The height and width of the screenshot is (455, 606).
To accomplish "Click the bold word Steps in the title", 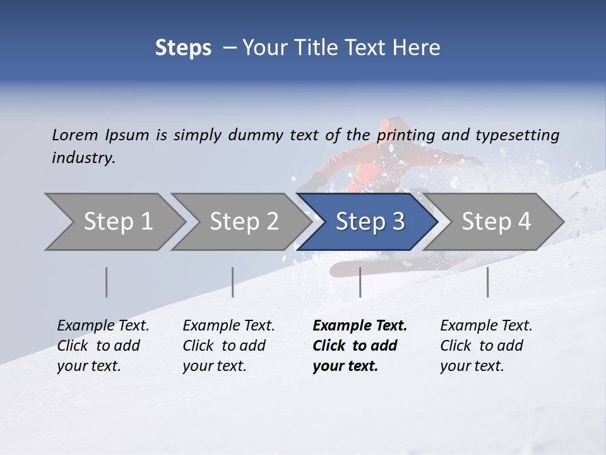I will (183, 47).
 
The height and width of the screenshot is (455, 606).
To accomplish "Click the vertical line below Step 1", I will (107, 282).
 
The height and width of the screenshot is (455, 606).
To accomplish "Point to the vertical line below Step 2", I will (233, 282).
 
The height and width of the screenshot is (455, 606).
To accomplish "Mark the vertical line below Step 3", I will (360, 282).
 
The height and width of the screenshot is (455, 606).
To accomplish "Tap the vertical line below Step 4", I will (487, 282).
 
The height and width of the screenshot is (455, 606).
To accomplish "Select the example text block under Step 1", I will (103, 346).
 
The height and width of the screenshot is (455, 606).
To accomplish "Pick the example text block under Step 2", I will (229, 346).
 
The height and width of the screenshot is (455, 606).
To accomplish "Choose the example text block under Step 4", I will (486, 346).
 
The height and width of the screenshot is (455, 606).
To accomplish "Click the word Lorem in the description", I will (75, 135).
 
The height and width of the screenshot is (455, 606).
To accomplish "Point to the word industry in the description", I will (83, 158).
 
